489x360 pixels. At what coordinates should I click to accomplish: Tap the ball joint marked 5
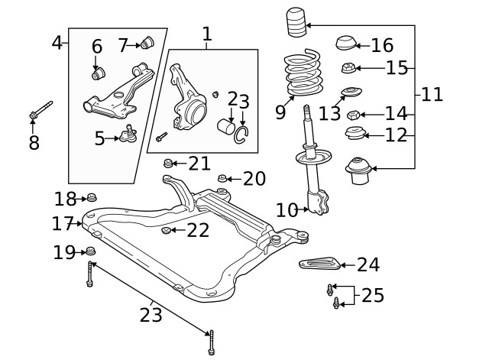128,136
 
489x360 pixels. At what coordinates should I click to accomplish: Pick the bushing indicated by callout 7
150,40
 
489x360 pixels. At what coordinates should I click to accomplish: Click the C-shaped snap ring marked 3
243,135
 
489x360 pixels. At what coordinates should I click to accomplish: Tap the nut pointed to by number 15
348,68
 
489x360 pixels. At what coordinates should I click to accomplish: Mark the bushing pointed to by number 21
170,164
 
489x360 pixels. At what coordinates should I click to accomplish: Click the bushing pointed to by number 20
223,179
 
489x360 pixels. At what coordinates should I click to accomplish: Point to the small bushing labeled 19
90,251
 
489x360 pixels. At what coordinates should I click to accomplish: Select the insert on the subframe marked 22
167,230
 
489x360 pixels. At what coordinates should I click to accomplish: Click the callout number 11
432,95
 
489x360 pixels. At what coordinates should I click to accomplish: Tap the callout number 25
373,295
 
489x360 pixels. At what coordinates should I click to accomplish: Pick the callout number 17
62,224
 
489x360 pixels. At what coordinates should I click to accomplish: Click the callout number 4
57,42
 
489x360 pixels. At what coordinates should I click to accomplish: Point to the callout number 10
286,209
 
